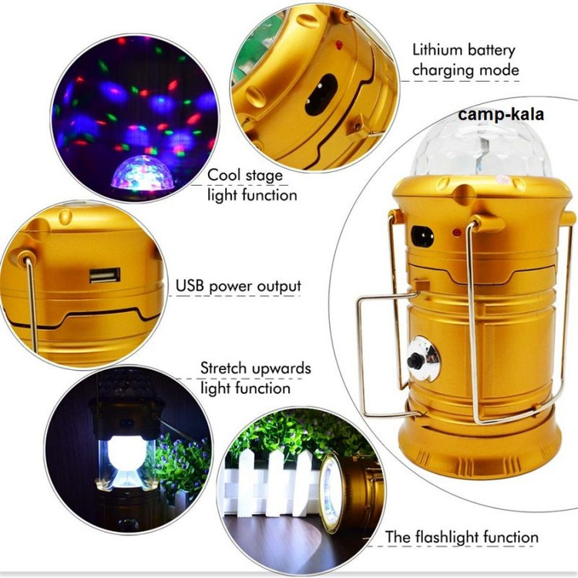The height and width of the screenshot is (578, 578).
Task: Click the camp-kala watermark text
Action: click(x=501, y=114)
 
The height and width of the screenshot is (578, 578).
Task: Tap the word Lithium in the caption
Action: click(x=436, y=50)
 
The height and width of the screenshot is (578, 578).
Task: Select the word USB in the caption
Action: click(x=190, y=286)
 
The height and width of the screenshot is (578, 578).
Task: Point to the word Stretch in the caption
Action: click(x=223, y=368)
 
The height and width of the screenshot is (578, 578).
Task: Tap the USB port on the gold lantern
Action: click(x=105, y=275)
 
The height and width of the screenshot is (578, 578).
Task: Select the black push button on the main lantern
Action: click(x=415, y=359)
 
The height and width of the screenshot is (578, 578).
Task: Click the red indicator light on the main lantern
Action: click(x=457, y=233)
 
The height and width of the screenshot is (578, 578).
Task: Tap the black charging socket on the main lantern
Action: click(x=422, y=237)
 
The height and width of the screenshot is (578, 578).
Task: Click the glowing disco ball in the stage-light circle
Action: click(x=143, y=174)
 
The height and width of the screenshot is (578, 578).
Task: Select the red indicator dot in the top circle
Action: click(x=339, y=45)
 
